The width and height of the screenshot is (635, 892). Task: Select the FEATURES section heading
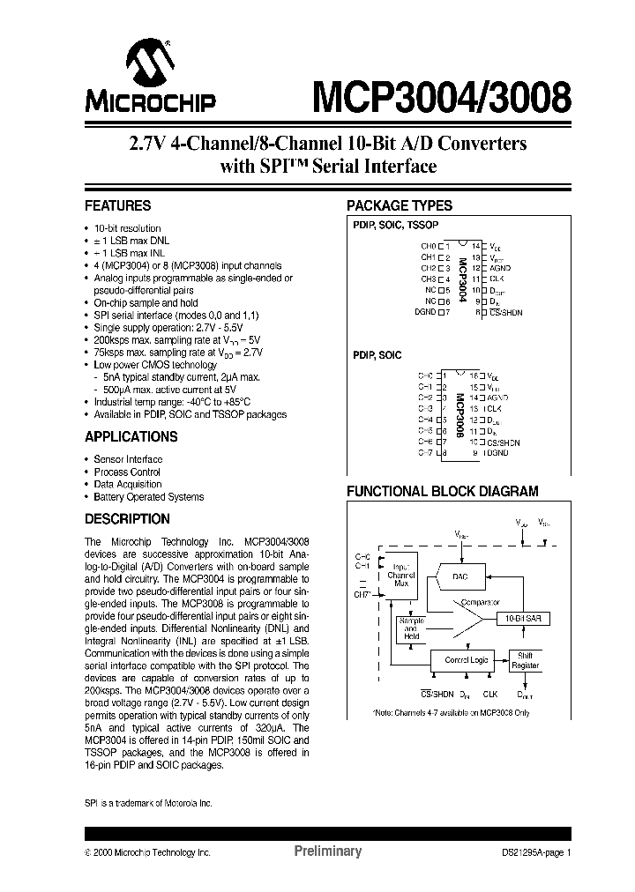coord(117,206)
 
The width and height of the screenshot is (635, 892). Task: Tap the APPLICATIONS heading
coord(131,437)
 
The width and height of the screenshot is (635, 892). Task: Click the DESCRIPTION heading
coord(127,519)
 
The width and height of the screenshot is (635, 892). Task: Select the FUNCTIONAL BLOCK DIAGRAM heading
coord(442,491)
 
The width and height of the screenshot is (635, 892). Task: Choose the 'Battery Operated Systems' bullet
coord(148,497)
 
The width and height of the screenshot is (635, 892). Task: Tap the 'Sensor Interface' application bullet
coord(128,459)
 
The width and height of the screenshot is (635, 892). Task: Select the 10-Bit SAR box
coord(523,620)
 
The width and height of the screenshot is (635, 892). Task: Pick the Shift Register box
coord(527,660)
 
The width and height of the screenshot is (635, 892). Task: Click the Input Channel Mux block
coord(401,576)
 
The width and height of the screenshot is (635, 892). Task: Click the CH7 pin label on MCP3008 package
coord(426,452)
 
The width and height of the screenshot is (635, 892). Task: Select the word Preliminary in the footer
coord(327,851)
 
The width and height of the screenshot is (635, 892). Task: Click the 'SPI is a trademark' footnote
coord(148,803)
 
